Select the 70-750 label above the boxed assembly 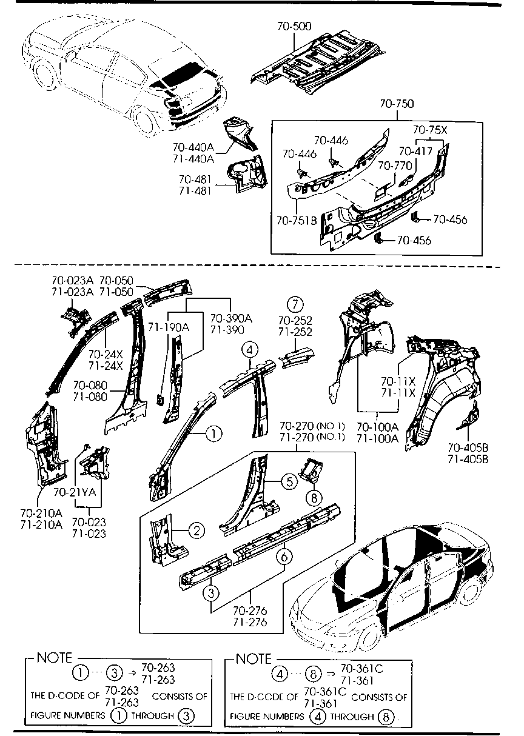coord(397,104)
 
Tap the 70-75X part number coord(430,129)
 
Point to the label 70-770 coord(395,164)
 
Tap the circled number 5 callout coord(289,482)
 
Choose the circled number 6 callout coord(284,555)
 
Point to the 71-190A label coord(168,327)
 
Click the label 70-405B coord(468,447)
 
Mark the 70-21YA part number coord(75,492)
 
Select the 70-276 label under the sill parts coord(249,610)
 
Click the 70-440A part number coord(193,147)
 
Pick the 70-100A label coord(377,426)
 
